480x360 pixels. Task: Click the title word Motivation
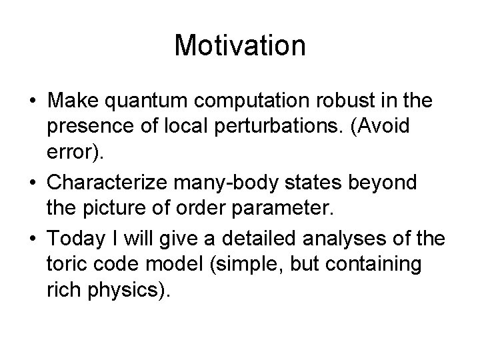240,46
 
